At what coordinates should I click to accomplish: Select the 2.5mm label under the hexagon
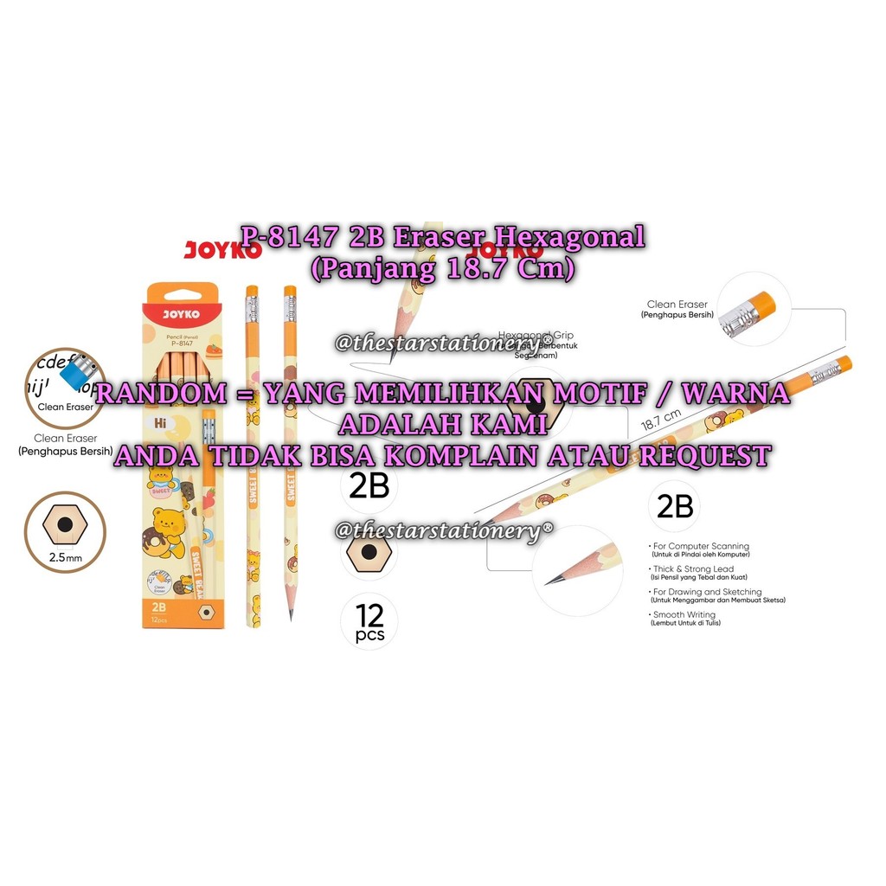[66, 558]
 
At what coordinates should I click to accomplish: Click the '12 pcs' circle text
[369, 623]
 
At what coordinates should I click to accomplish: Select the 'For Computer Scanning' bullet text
[701, 547]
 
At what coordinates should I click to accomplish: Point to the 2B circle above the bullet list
[674, 506]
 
